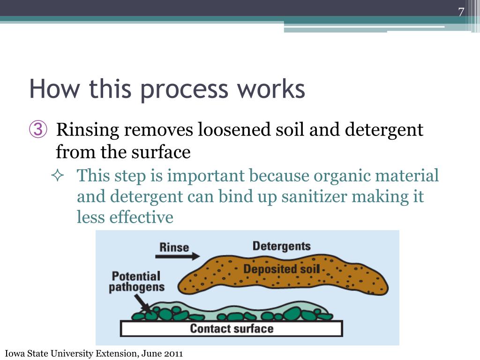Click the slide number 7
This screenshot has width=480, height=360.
click(x=461, y=12)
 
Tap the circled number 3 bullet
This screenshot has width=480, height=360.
click(x=38, y=130)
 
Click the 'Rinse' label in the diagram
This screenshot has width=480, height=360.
click(x=174, y=247)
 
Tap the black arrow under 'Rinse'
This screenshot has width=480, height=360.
click(x=179, y=257)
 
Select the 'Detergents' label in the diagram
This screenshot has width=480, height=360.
click(x=281, y=246)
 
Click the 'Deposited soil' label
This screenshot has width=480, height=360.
click(x=281, y=269)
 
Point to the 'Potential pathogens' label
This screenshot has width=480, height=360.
click(x=136, y=281)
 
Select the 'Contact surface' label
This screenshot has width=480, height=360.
click(x=232, y=328)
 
